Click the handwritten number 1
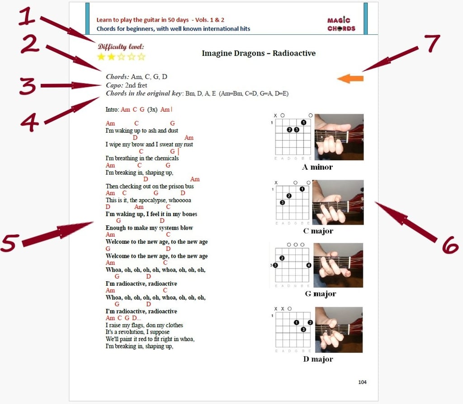coord(27,16)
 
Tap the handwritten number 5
coord(10,243)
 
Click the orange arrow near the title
coord(350,79)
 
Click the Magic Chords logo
coord(341,24)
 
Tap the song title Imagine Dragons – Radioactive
coord(259,53)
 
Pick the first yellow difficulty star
coord(101,56)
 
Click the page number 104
coord(362,382)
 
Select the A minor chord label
coord(317,167)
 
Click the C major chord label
coord(318,231)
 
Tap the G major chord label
coord(321,294)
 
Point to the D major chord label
coord(318,359)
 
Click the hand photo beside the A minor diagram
coord(339,137)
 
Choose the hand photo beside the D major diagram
coord(339,330)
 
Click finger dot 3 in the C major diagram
coord(283,203)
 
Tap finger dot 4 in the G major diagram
coord(308,265)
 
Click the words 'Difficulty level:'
coord(121,46)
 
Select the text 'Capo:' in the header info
coord(114,85)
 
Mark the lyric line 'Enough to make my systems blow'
coord(149,228)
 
